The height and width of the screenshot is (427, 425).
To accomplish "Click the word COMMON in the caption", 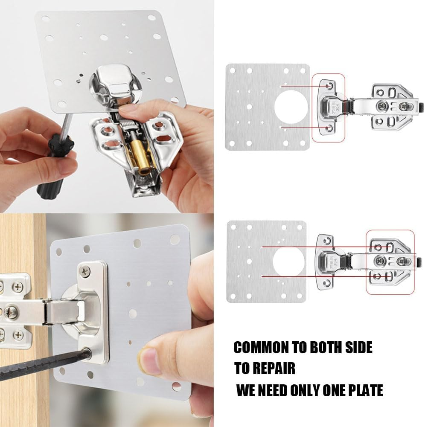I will pyautogui.click(x=261, y=348).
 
